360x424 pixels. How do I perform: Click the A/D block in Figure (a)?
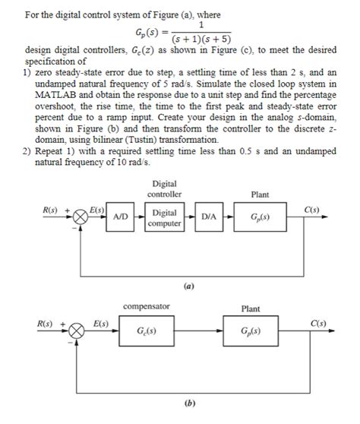(x=120, y=216)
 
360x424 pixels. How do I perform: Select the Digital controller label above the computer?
(x=165, y=188)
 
